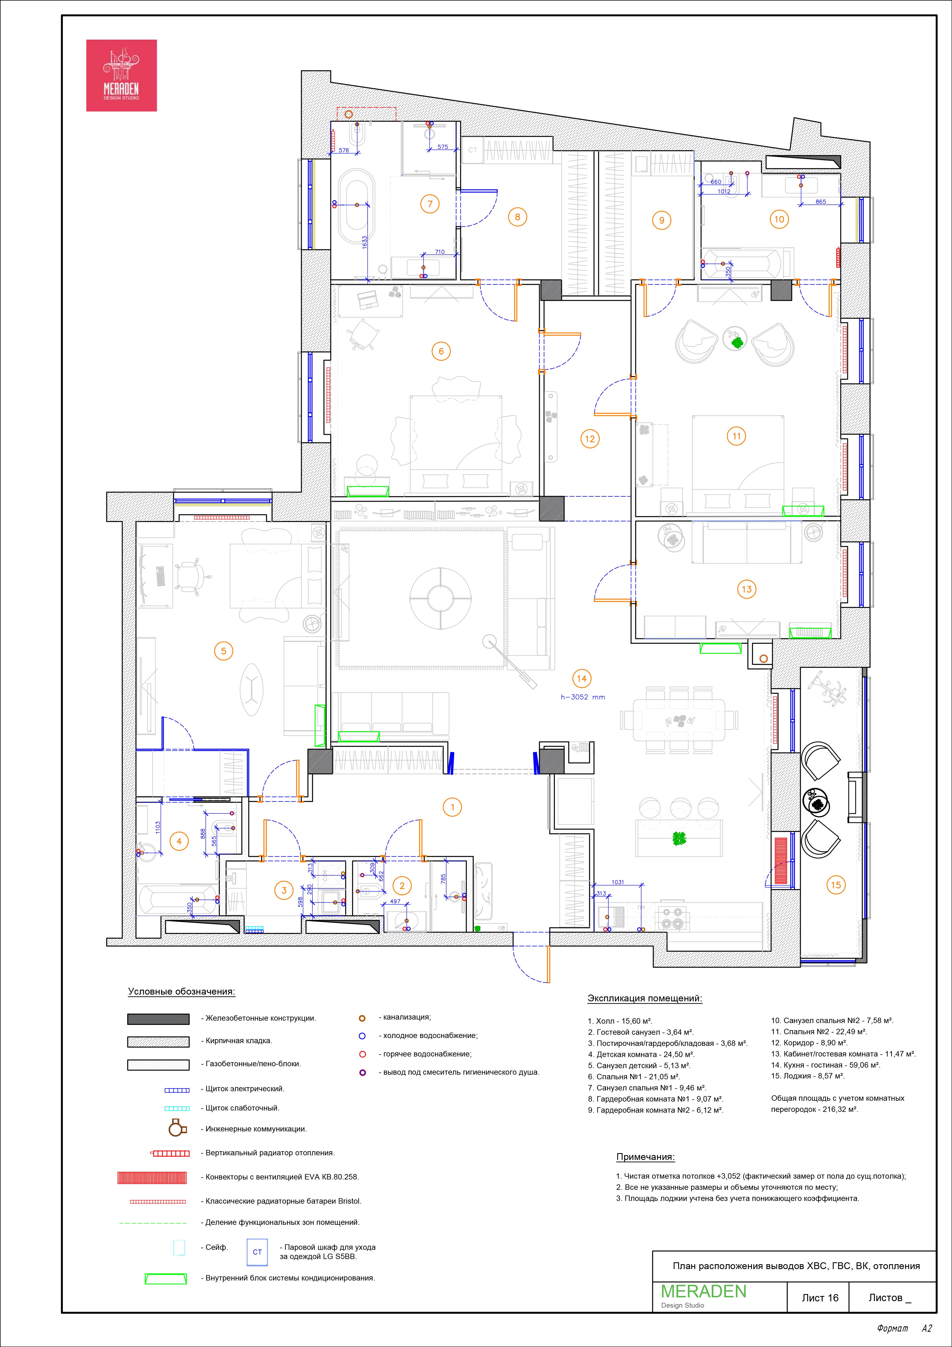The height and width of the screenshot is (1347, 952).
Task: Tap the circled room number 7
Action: coord(430,204)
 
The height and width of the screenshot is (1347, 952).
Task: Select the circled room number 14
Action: coord(581,679)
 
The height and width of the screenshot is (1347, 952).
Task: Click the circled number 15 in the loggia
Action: coord(836,885)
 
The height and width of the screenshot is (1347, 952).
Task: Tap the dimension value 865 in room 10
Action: coord(821,202)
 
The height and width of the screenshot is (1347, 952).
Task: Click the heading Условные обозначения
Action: coord(181,992)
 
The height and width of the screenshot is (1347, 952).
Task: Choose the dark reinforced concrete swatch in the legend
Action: coord(158,1019)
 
